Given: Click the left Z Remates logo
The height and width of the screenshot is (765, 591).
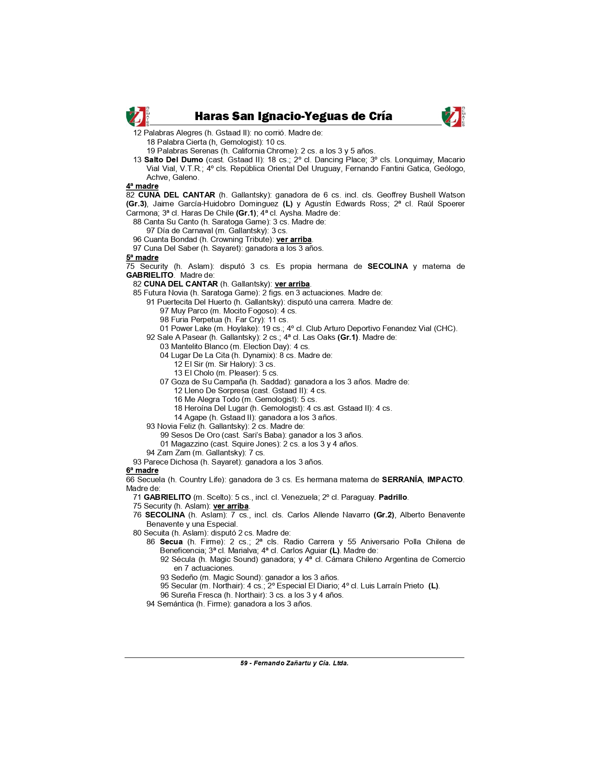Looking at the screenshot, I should coord(137,116).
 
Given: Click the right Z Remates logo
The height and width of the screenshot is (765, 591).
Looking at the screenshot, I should coord(453,116).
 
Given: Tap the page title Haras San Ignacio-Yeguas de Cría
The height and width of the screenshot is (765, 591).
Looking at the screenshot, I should coord(293,116).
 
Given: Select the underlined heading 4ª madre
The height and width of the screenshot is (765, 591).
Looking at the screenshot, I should coord(142,186).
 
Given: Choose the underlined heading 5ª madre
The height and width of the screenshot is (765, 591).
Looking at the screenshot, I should coord(142,257).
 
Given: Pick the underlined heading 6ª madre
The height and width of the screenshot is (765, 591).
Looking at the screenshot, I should coord(142,470).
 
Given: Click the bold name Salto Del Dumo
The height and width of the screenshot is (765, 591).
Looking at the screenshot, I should coord(173,159).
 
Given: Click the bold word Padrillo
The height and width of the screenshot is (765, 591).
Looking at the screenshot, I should coord(393,497).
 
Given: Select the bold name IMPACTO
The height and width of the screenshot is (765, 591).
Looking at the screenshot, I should coord(445,479).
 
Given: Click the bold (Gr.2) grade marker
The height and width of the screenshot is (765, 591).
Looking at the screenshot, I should coord(384,515).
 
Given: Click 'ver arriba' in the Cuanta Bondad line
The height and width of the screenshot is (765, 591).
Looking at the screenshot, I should coord(294,239).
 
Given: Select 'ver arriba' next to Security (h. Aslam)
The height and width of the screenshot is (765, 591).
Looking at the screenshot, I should coord(231,506).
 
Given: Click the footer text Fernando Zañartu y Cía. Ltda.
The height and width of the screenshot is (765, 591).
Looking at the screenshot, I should coord(301,663).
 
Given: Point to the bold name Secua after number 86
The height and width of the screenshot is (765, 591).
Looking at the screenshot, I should coord(171,542).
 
